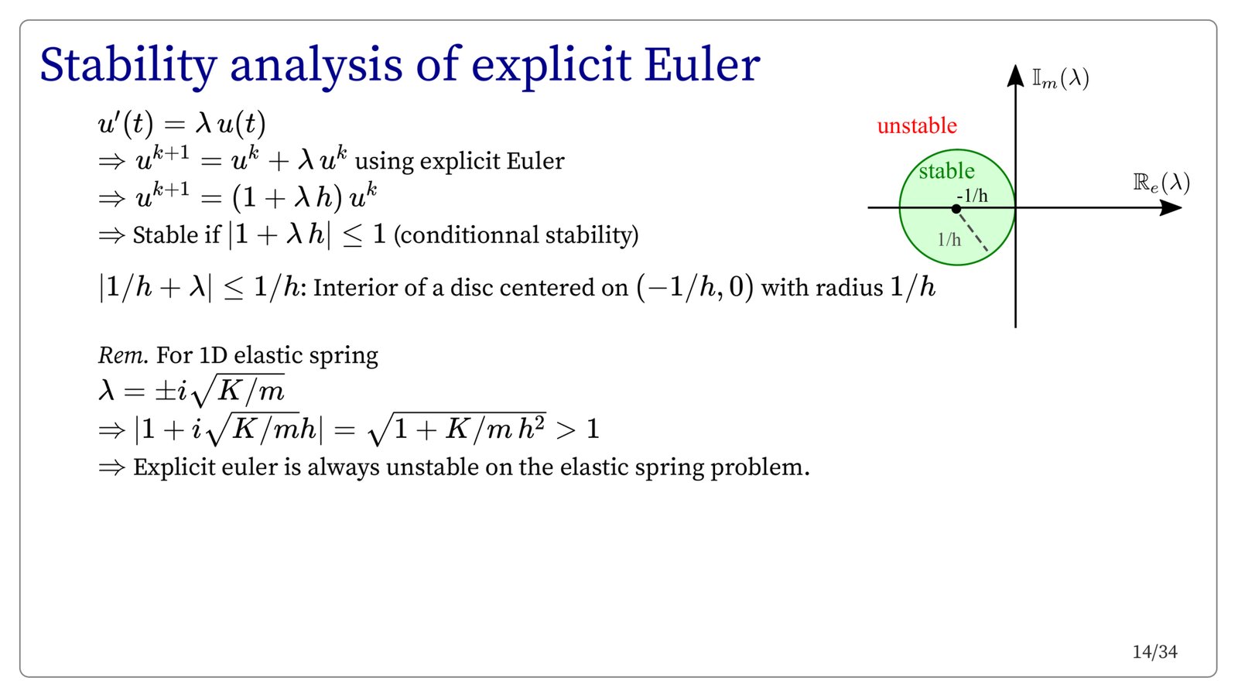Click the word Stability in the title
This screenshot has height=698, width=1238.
pyautogui.click(x=128, y=65)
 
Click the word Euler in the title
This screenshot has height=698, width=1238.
pyautogui.click(x=702, y=65)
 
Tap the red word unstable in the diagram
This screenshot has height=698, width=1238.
pyautogui.click(x=917, y=126)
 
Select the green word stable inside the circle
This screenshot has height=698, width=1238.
pyautogui.click(x=947, y=171)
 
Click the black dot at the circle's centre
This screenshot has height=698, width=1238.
pyautogui.click(x=956, y=209)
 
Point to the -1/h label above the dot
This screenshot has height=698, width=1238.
pyautogui.click(x=972, y=196)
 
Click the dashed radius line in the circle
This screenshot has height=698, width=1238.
pyautogui.click(x=972, y=231)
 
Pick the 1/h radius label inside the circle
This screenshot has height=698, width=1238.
pyautogui.click(x=949, y=239)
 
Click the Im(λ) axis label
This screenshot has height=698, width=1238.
pyautogui.click(x=1061, y=78)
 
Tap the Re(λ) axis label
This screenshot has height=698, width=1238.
pyautogui.click(x=1161, y=183)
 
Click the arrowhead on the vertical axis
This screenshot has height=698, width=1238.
pyautogui.click(x=1015, y=76)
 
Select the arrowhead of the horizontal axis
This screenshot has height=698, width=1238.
pyautogui.click(x=1171, y=208)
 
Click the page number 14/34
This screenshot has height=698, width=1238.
pyautogui.click(x=1154, y=652)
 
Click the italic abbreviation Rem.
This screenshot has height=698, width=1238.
pyautogui.click(x=123, y=355)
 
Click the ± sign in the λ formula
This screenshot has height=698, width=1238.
pyautogui.click(x=166, y=392)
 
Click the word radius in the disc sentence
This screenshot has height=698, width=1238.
pyautogui.click(x=849, y=288)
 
